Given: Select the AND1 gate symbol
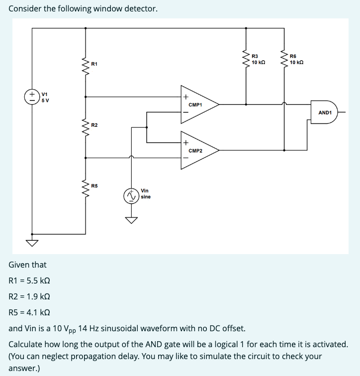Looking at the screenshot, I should point(325,113).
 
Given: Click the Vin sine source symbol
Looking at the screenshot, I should point(132,196).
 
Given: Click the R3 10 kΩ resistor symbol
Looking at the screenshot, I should point(246,59).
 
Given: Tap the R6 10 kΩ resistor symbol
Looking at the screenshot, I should point(284,59).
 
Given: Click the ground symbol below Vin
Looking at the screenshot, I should point(132,220).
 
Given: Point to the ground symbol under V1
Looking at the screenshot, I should point(32,243).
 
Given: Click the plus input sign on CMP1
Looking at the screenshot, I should point(185,97).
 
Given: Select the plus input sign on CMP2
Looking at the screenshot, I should point(185,143).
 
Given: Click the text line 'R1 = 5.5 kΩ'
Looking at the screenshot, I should point(29,281).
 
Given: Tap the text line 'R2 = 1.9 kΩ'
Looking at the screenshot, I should point(29,297).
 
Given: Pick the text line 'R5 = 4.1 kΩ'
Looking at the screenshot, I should point(29,313).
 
